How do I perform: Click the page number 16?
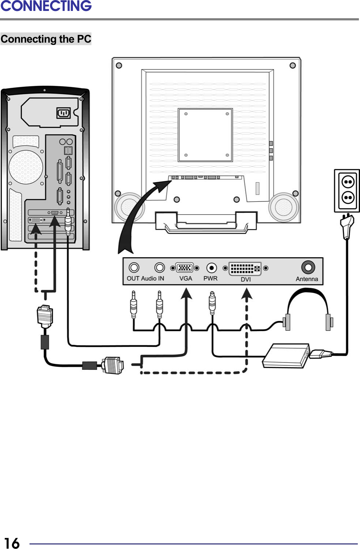[x=12, y=542]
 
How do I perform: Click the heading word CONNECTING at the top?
[x=46, y=6]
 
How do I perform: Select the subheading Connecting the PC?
[x=46, y=39]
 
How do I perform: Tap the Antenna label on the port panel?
[x=307, y=279]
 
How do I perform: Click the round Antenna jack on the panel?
[x=308, y=267]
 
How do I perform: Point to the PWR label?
[x=210, y=278]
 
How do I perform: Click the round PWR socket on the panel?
[x=211, y=268]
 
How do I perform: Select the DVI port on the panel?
[x=245, y=269]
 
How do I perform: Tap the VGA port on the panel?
[x=185, y=268]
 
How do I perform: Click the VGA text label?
[x=185, y=278]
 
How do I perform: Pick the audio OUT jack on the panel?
[x=134, y=268]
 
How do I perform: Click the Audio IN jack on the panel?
[x=160, y=268]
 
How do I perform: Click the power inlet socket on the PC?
[x=63, y=113]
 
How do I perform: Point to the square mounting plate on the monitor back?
[x=206, y=135]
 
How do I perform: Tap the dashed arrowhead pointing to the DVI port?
[x=247, y=294]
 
